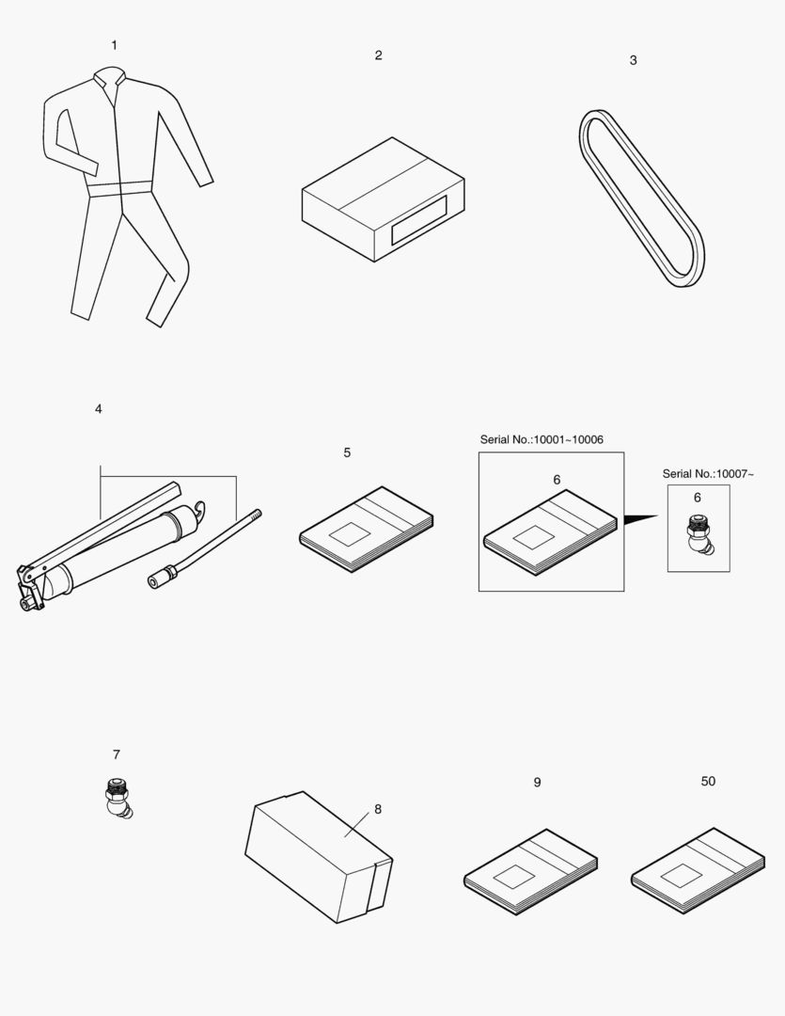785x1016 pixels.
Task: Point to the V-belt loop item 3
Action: (639, 198)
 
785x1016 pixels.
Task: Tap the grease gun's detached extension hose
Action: (202, 549)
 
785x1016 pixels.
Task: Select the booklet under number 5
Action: (367, 529)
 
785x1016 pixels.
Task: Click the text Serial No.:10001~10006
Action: (542, 439)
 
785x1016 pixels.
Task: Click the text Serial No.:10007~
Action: (708, 474)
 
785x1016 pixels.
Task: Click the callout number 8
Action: (378, 809)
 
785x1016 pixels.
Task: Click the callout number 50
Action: (708, 782)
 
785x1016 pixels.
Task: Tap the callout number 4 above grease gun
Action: (99, 409)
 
